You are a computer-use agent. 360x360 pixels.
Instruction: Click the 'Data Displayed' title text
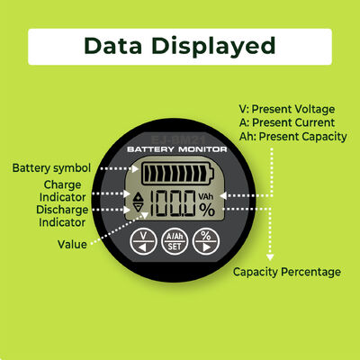(x=180, y=46)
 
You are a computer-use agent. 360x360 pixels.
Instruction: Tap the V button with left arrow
(x=143, y=241)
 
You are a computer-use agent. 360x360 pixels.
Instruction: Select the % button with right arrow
(x=206, y=241)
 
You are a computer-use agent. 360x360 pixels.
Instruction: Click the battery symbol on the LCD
(x=178, y=174)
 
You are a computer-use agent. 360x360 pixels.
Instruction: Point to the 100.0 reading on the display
(x=172, y=203)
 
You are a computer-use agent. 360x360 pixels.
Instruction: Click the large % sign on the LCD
(x=207, y=210)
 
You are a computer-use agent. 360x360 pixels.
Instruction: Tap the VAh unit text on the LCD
(x=206, y=196)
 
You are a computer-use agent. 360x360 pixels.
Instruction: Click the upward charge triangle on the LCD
(x=139, y=197)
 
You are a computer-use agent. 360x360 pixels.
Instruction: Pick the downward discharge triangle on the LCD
(x=139, y=207)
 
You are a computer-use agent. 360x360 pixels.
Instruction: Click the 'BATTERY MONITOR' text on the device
(x=177, y=149)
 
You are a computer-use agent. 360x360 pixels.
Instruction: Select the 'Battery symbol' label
(x=51, y=168)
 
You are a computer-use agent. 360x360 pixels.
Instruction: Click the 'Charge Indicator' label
(x=62, y=191)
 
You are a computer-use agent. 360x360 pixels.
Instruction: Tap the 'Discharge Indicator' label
(x=62, y=216)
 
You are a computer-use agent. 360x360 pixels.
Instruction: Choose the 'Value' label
(x=72, y=244)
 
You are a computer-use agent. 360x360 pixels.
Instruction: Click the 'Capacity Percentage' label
(x=287, y=272)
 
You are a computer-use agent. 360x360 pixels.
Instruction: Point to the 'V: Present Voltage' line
(x=287, y=109)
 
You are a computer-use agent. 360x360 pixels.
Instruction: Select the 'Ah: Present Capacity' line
(x=293, y=137)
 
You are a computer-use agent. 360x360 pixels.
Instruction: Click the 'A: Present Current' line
(x=287, y=122)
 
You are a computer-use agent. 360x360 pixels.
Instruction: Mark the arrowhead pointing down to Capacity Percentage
(x=270, y=257)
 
